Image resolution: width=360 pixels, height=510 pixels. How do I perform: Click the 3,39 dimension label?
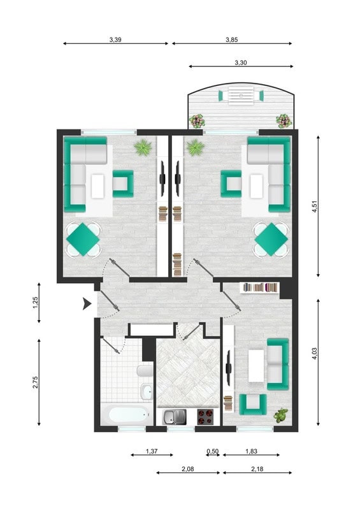[115, 40]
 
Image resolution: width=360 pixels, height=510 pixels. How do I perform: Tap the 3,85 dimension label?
[231, 40]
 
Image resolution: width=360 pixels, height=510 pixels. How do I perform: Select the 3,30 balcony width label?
[241, 62]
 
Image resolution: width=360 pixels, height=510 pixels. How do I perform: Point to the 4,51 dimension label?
[314, 207]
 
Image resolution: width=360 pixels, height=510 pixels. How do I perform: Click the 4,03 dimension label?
[314, 354]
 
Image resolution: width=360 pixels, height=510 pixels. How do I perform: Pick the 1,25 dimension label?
[36, 303]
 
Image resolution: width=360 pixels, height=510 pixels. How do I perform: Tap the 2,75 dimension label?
[36, 382]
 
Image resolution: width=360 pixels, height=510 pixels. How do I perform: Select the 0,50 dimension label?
[213, 451]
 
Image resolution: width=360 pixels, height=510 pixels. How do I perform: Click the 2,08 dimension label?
[188, 469]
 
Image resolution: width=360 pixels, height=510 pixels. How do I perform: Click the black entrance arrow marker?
[87, 303]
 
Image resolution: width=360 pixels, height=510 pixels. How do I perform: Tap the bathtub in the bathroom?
[127, 414]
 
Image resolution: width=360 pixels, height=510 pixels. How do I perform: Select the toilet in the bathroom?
[145, 371]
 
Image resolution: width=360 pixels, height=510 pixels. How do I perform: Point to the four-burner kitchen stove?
[206, 417]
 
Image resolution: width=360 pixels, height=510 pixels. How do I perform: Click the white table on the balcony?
[241, 96]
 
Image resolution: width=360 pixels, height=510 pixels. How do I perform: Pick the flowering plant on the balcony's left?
[198, 121]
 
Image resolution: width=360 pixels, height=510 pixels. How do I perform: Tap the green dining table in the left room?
[83, 239]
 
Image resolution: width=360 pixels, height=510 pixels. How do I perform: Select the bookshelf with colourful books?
[259, 288]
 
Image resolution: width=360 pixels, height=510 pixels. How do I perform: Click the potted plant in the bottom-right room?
[280, 416]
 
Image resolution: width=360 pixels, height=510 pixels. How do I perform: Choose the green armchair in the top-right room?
[231, 184]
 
